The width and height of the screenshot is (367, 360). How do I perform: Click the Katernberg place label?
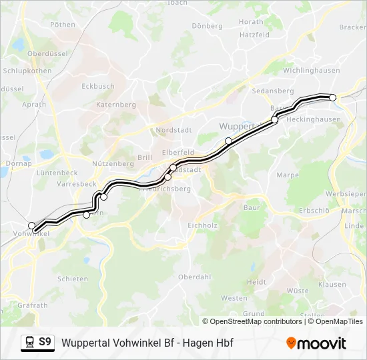pyautogui.click(x=116, y=105)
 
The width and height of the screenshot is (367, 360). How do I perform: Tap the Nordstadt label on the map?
pyautogui.click(x=173, y=130)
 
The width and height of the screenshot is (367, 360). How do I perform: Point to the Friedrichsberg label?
pyautogui.click(x=165, y=189)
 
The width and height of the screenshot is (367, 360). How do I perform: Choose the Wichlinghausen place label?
pyautogui.click(x=312, y=70)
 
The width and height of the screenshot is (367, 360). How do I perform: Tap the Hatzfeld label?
pyautogui.click(x=254, y=34)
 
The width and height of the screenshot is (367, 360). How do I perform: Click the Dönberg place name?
pyautogui.click(x=207, y=26)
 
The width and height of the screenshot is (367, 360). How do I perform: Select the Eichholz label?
pyautogui.click(x=203, y=225)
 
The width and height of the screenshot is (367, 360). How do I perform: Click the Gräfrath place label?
pyautogui.click(x=25, y=305)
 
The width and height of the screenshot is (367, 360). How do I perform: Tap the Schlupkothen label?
pyautogui.click(x=27, y=71)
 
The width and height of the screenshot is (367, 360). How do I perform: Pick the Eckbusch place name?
pyautogui.click(x=97, y=86)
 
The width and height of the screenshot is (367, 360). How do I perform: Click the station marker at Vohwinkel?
pyautogui.click(x=31, y=226)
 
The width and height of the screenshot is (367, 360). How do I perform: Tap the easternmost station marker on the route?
pyautogui.click(x=333, y=97)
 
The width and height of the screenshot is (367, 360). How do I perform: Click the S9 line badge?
pyautogui.click(x=45, y=342)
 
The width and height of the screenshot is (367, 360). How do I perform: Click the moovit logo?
pyautogui.click(x=316, y=343)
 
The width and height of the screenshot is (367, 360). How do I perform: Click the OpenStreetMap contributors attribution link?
pyautogui.click(x=256, y=321)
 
